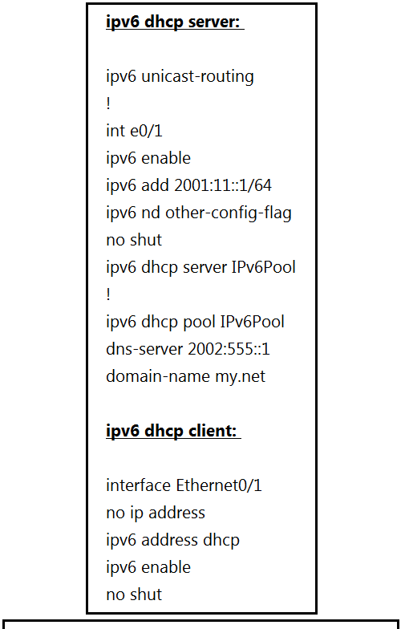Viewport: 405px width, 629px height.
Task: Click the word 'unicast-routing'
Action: (197, 77)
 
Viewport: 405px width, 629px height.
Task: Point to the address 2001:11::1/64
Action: (223, 186)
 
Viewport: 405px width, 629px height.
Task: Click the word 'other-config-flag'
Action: (228, 213)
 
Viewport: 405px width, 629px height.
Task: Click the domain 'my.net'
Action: (241, 377)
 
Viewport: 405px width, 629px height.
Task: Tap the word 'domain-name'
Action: (158, 377)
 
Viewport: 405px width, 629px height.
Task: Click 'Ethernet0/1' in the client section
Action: (219, 485)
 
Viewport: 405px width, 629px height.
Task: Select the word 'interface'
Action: (138, 485)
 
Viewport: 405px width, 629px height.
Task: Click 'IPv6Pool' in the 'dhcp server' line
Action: (263, 268)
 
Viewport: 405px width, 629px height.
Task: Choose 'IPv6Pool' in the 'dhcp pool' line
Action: (252, 323)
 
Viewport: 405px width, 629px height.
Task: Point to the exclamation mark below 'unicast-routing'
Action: (108, 104)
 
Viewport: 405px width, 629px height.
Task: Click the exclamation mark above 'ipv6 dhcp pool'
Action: (108, 295)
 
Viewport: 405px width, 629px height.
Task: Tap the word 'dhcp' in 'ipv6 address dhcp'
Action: (221, 541)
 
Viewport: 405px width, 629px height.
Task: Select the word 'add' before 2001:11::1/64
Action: (156, 186)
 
